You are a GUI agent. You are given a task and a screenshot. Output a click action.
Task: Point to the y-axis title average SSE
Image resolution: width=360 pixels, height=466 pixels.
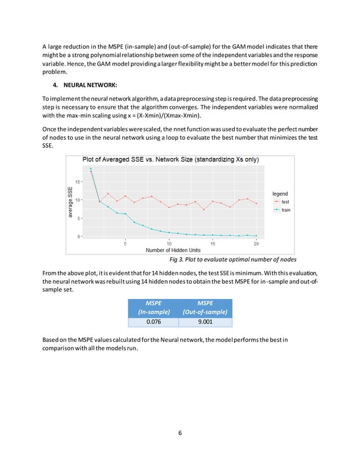[70, 203]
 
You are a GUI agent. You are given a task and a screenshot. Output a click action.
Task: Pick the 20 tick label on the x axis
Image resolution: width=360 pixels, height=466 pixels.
[256, 244]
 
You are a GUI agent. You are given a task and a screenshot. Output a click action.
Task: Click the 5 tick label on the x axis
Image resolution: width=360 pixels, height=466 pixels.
[125, 244]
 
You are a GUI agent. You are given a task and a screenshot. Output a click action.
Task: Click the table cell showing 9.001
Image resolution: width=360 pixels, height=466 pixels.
[205, 322]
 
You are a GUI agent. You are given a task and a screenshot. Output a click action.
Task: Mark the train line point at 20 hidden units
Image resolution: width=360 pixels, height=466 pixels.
[256, 236]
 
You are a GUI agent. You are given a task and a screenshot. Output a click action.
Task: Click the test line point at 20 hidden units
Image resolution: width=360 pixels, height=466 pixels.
[256, 203]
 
